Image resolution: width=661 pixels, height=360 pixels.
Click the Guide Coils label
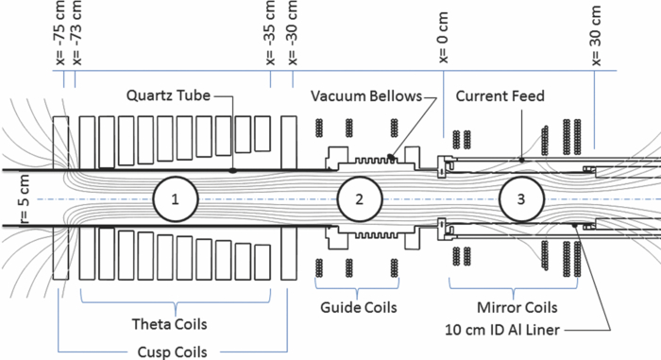point(359,307)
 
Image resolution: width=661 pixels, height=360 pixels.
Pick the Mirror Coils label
point(513,307)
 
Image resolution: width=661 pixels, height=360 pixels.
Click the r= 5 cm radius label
point(11,199)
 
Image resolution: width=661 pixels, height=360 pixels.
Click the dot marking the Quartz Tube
point(232,171)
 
